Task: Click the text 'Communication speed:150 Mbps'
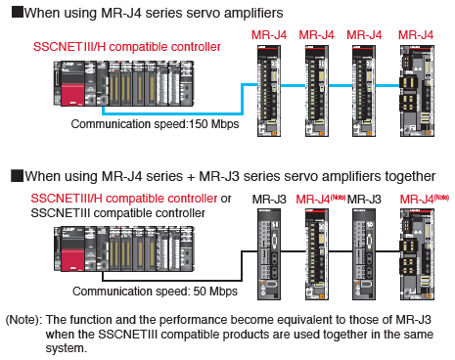pos(155,124)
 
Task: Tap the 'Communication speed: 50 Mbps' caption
pos(155,292)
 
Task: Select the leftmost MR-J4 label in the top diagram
pos(269,35)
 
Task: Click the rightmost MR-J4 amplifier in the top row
pos(417,91)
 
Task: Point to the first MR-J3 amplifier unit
pos(269,254)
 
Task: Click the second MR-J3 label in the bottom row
pos(364,199)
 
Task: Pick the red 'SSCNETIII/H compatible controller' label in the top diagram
pos(127,47)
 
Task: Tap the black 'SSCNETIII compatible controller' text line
pos(117,213)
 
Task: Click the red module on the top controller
pos(73,95)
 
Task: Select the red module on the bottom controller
pos(73,260)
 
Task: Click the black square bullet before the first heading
pos(17,12)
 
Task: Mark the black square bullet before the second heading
pos(17,175)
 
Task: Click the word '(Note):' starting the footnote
pos(24,320)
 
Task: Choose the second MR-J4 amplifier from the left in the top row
pos(317,91)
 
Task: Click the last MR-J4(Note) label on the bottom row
pos(425,199)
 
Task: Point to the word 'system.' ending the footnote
pos(67,348)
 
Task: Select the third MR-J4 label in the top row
pos(364,35)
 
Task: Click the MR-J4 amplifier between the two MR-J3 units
pos(317,254)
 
